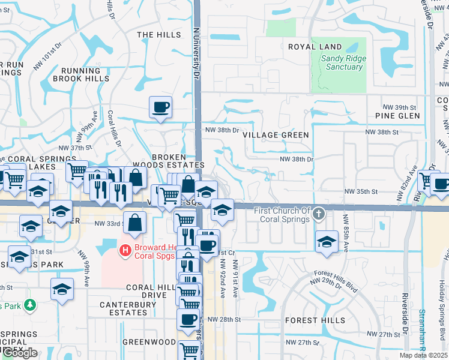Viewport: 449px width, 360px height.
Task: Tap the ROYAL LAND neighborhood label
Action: (315, 47)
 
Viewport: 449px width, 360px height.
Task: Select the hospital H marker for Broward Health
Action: (125, 250)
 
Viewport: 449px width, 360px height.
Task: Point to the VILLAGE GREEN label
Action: (276, 135)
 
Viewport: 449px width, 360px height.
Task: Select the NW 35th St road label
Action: (360, 191)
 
